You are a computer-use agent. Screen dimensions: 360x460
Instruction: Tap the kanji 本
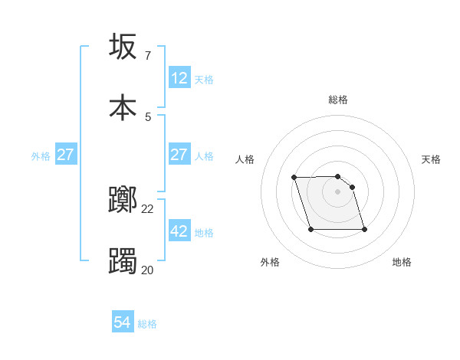coord(123,107)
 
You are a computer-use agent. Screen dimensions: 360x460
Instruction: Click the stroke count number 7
coord(147,56)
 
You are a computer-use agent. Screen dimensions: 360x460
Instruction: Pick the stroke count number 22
coord(148,209)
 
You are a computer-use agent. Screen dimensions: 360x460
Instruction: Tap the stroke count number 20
coord(147,270)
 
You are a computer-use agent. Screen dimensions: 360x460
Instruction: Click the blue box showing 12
coord(179,78)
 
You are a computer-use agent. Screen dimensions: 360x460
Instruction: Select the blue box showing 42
coord(179,231)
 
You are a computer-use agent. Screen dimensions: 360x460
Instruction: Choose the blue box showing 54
coord(123,322)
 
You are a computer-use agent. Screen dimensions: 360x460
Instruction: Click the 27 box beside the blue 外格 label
coord(66,155)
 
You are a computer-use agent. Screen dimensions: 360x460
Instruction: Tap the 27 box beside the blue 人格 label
coord(179,155)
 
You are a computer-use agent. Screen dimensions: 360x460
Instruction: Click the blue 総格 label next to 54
coord(147,324)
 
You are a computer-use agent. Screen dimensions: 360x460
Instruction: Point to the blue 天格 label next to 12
coord(204,80)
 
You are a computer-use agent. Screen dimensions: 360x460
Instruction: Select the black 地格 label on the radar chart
coord(402,262)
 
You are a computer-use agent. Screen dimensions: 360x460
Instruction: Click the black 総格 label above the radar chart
coord(338,100)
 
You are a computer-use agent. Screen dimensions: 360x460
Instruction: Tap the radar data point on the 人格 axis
coord(294,178)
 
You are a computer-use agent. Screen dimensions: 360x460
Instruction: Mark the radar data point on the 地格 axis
coord(364,230)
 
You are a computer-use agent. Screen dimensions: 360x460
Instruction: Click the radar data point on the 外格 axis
coord(310,230)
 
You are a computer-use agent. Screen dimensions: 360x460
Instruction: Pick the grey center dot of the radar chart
coord(338,191)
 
